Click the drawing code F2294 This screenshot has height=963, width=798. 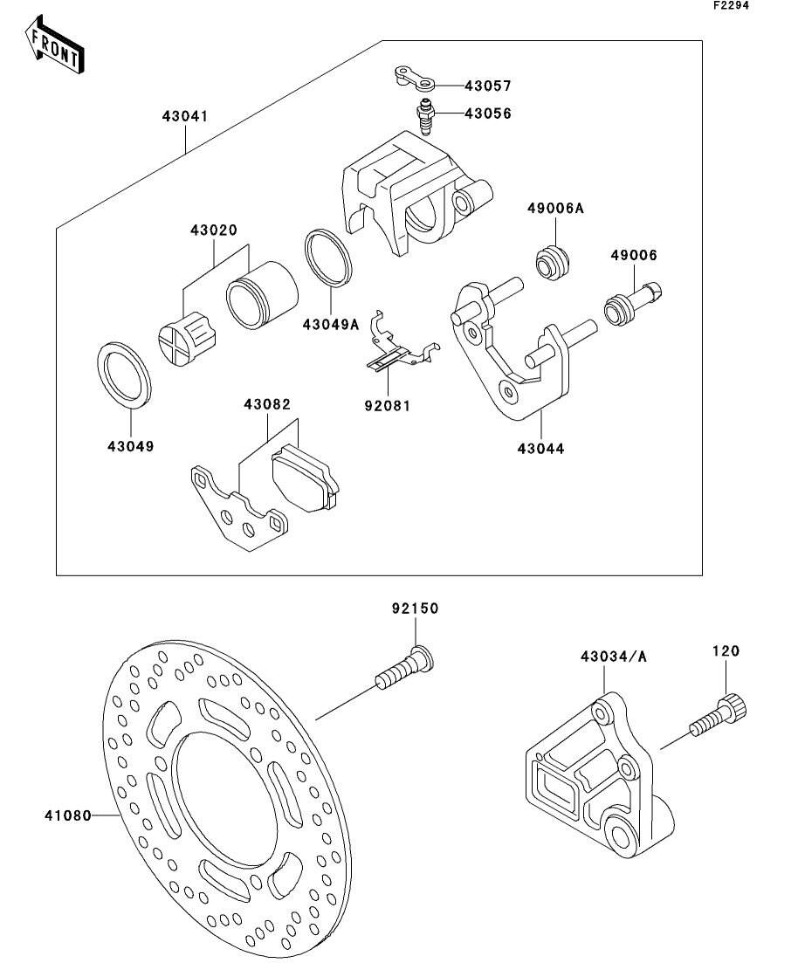click(731, 5)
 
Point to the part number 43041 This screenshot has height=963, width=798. click(183, 115)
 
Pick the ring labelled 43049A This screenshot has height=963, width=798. click(328, 258)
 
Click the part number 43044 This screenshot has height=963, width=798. click(540, 449)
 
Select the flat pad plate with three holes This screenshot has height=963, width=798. click(237, 515)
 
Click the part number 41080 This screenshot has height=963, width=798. click(68, 816)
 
